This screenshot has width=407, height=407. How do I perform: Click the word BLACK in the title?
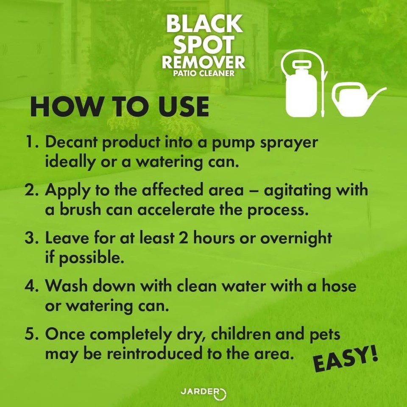[204, 25]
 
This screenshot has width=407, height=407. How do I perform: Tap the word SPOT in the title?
[204, 45]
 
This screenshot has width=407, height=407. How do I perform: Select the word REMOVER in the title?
[204, 63]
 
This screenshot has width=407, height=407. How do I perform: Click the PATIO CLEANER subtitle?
[204, 73]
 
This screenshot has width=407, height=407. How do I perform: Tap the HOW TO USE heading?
[120, 107]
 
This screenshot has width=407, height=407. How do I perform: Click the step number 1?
[32, 143]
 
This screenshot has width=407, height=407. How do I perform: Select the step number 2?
[32, 191]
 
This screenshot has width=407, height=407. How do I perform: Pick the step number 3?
[32, 239]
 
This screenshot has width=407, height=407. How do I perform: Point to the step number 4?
[32, 286]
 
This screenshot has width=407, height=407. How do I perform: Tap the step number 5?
[32, 335]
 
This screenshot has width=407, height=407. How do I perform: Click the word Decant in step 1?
[72, 143]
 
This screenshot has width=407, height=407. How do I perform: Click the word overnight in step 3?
[296, 239]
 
